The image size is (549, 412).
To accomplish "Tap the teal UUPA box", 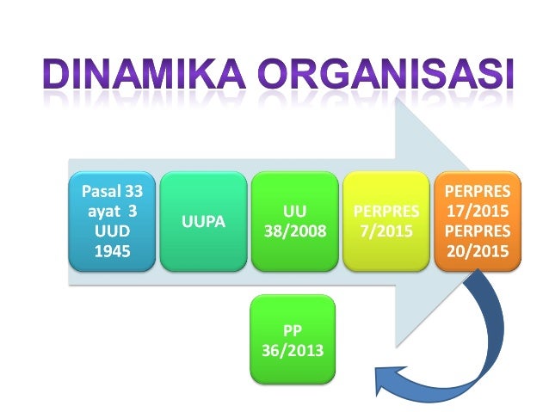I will point(203,221).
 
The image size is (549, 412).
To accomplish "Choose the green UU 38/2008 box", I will point(294,221).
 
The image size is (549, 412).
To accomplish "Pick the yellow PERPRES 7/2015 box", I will point(386,221).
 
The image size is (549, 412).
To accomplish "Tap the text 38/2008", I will point(294,231).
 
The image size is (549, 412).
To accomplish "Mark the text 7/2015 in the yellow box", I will point(386,231).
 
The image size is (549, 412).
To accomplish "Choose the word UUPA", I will point(203,221).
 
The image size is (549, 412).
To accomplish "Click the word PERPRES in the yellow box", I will point(386,211).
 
